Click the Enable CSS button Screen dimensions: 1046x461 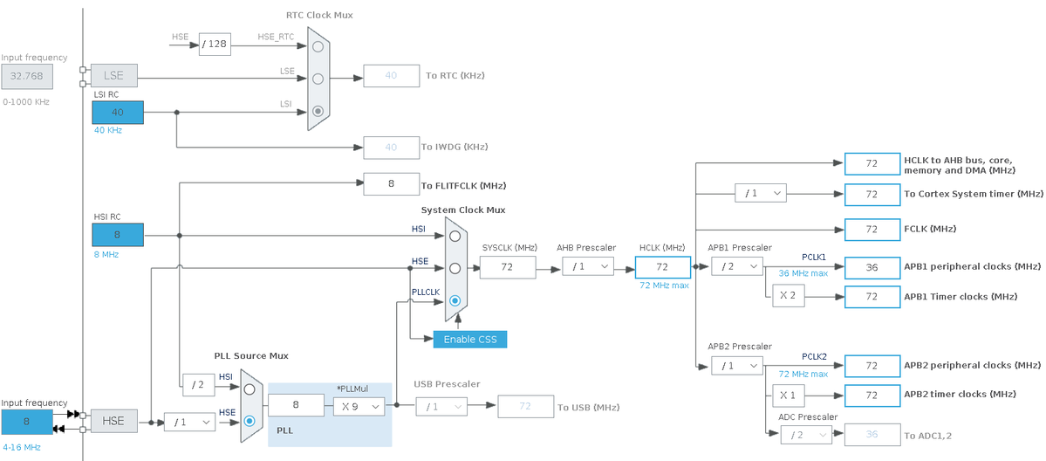(x=469, y=339)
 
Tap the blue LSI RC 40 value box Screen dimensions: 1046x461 (x=118, y=113)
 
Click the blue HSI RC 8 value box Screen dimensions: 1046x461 (x=118, y=235)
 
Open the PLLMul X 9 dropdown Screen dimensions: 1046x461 (x=359, y=405)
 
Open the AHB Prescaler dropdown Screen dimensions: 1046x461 (x=587, y=266)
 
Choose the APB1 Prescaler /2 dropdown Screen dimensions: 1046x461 (x=736, y=266)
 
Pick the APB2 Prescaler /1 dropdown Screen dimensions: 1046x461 (x=736, y=366)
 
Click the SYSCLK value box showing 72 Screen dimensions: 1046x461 (x=508, y=267)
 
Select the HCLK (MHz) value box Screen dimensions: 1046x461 (x=662, y=267)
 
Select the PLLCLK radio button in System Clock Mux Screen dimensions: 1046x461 (x=455, y=300)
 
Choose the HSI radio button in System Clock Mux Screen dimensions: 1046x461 (x=455, y=236)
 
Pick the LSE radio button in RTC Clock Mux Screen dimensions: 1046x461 (x=318, y=79)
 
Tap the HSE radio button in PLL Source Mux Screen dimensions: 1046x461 (x=250, y=421)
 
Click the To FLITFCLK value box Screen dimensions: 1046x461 (x=391, y=184)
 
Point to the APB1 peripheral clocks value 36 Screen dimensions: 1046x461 (x=872, y=267)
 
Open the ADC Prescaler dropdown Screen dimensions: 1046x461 (x=806, y=435)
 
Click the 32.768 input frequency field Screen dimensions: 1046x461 (x=27, y=76)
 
